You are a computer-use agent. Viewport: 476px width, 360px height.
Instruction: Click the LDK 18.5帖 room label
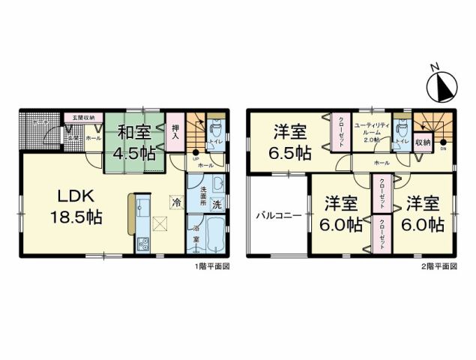76,206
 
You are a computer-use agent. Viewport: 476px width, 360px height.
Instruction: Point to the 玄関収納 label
79,118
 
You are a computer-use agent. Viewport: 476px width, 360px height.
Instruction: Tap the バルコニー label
277,215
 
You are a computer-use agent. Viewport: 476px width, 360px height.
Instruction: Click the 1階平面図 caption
211,265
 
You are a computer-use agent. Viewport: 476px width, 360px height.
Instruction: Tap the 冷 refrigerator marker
175,202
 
